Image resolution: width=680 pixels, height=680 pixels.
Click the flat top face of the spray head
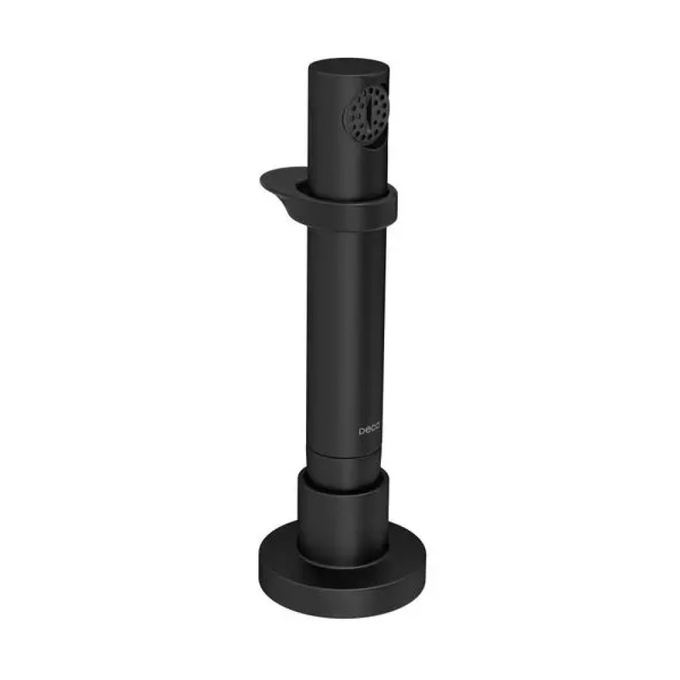[x=348, y=69]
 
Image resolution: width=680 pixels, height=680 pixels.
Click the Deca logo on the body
[x=369, y=431]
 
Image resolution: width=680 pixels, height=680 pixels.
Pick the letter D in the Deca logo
[x=361, y=431]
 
